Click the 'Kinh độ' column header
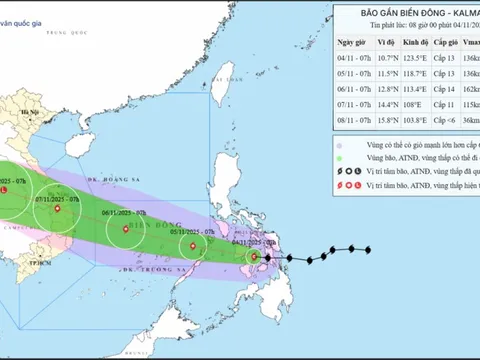coord(416,44)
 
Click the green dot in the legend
coord(341,158)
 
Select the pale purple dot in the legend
coord(341,143)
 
